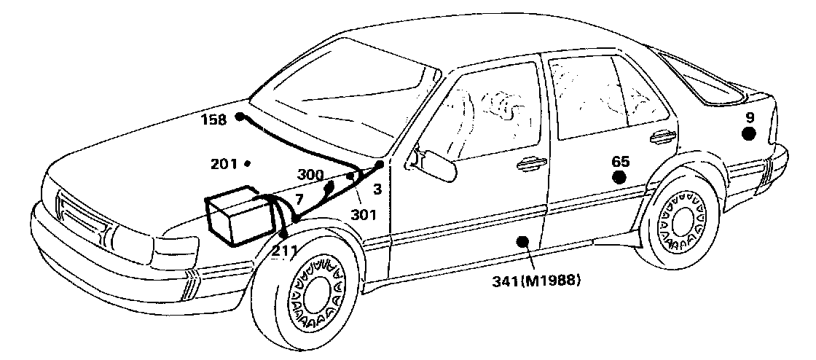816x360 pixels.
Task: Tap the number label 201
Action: point(224,164)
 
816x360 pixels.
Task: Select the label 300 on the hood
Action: point(311,176)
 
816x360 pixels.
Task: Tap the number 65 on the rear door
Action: point(620,162)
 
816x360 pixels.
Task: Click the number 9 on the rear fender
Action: point(750,117)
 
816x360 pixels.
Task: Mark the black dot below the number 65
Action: point(619,176)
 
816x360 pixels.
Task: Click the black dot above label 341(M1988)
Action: point(522,243)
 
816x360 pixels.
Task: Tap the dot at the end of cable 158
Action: point(239,117)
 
